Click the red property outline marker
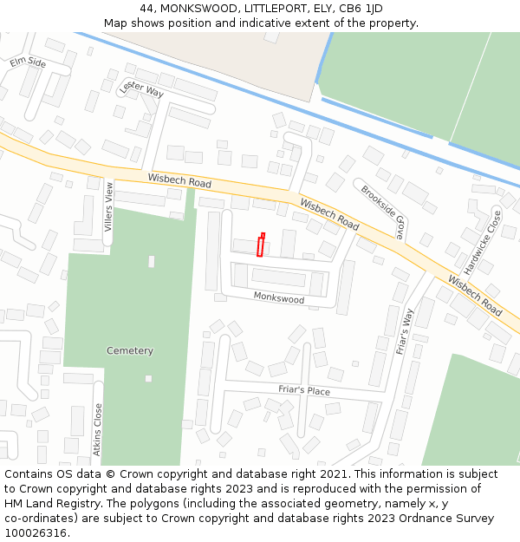coord(260,245)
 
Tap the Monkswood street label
coord(279,298)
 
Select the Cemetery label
coord(130,351)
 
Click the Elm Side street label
coord(28,62)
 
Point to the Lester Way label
coord(142,88)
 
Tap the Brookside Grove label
coord(383,212)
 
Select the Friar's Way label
coord(405,331)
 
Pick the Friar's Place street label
coord(304,391)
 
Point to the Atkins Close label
coord(98,429)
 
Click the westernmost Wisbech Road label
coord(179,180)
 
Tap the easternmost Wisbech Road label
coord(475,296)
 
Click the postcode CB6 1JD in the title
coord(359,9)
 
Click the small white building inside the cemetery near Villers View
coord(152,261)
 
